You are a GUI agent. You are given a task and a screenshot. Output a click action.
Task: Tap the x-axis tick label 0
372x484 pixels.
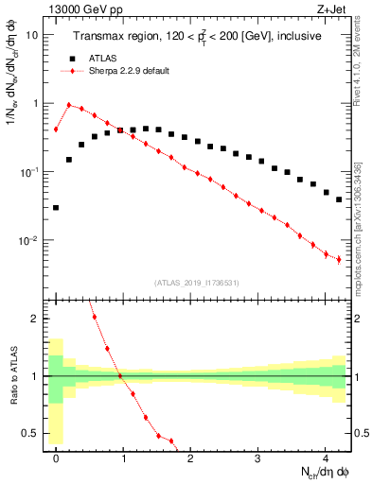tap(56, 458)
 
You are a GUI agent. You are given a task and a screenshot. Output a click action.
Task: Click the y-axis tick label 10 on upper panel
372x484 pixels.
tap(31, 35)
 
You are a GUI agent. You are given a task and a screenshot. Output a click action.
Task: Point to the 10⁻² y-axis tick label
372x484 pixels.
tap(28, 241)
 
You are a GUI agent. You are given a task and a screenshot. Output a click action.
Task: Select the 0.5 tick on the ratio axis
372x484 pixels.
tap(30, 434)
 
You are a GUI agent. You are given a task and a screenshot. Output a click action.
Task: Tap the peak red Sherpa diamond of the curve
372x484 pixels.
tap(69, 105)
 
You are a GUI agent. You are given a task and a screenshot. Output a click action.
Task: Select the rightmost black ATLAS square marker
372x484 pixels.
tap(339, 199)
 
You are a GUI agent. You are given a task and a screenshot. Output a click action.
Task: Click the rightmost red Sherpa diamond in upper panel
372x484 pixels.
tap(339, 259)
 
